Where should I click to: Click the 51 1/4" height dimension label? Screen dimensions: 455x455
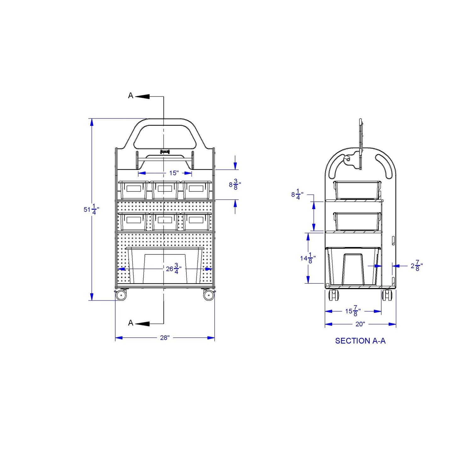point(91,209)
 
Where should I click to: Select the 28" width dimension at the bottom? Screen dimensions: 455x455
point(165,338)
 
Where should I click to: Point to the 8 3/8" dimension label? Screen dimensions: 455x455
point(235,185)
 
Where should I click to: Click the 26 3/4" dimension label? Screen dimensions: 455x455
point(173,269)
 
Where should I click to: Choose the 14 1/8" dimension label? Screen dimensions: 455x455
point(308,258)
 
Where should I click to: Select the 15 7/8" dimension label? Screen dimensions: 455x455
point(353,311)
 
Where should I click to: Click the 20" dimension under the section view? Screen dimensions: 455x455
point(360,324)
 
